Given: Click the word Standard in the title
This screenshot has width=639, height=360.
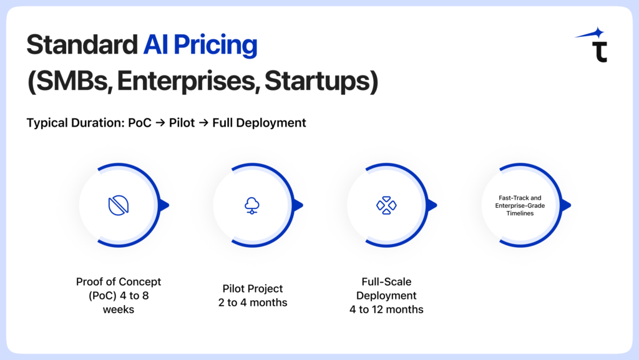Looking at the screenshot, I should [x=78, y=46].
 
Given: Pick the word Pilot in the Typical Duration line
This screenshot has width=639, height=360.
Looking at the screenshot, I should [x=181, y=123].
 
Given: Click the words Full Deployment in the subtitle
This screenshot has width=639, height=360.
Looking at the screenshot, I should [x=259, y=123].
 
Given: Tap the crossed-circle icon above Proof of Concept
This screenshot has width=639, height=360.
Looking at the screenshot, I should [x=119, y=205].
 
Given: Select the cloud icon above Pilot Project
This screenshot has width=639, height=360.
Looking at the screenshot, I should [x=253, y=205].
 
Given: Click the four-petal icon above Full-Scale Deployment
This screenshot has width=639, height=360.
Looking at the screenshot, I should [x=386, y=205].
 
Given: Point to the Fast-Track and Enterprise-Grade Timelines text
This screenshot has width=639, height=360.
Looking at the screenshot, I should [x=520, y=205].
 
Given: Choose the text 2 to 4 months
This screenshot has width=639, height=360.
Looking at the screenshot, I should [x=253, y=303].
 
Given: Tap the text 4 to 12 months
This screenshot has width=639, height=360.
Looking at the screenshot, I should [x=386, y=309].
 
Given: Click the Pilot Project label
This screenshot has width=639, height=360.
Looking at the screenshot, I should [x=253, y=289].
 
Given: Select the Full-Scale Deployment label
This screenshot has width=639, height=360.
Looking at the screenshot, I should [x=386, y=288].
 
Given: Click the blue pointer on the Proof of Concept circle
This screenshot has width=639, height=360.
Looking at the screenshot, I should [x=164, y=205].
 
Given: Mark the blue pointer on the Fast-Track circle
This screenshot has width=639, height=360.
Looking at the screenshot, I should [x=566, y=205].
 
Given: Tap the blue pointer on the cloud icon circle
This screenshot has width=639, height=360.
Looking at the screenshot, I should [x=298, y=205].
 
